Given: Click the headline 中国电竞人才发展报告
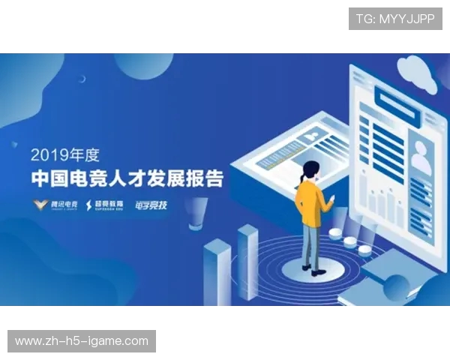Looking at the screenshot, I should (x=127, y=180).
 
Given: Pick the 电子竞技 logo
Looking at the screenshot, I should (x=152, y=204).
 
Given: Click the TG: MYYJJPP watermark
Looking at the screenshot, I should (x=394, y=19).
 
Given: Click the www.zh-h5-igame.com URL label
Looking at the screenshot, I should (x=82, y=341).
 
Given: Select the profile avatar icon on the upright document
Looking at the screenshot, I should (x=422, y=157).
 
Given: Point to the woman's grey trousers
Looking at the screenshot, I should (x=312, y=244).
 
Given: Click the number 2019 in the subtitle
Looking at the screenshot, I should (x=47, y=156).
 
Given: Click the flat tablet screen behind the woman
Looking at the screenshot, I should (x=285, y=146).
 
